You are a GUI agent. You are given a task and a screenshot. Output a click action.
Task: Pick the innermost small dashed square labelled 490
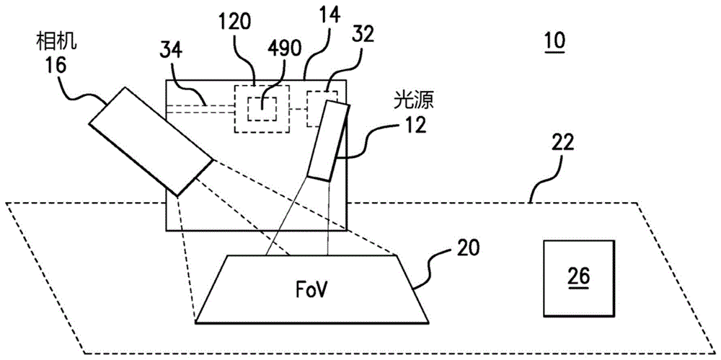(x=260, y=109)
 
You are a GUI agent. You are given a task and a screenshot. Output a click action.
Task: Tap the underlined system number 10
(x=554, y=41)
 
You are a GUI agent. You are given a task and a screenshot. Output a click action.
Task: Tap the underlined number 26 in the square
(x=578, y=276)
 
